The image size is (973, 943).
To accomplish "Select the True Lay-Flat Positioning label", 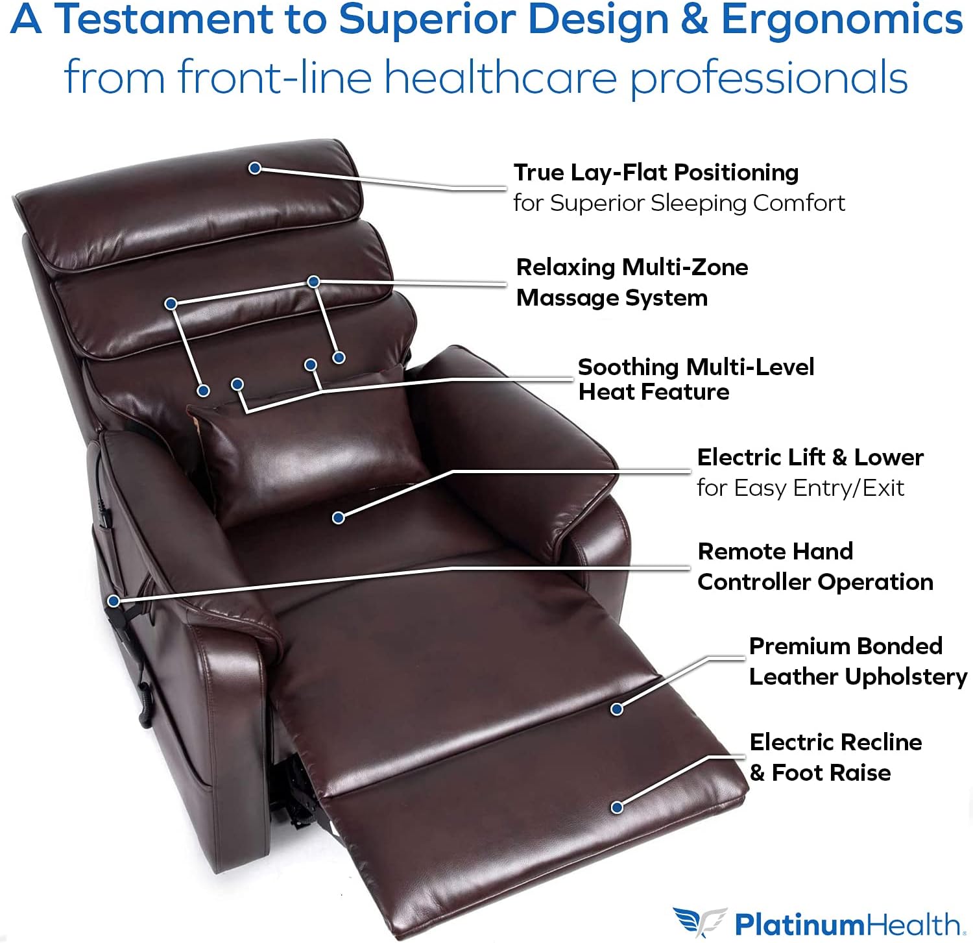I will tap(656, 173).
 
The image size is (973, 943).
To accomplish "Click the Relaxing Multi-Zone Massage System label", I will tap(632, 282).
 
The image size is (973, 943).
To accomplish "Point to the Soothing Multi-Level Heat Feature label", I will tap(695, 380).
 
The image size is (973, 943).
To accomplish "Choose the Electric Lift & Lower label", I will tap(810, 458).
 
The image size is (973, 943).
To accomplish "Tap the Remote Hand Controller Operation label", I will tap(815, 567).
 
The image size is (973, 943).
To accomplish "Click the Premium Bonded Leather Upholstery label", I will tap(857, 661).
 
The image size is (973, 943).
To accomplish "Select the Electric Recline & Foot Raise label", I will tap(835, 757).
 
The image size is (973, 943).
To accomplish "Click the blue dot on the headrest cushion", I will tap(255, 168).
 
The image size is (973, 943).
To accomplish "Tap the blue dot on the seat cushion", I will tap(338, 517).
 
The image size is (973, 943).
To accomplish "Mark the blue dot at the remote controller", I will tap(114, 601).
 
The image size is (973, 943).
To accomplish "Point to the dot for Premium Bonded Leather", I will tap(617, 709).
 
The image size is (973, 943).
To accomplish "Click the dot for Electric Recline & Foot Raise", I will tap(617, 807).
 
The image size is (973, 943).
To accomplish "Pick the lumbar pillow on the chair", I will tap(305, 448).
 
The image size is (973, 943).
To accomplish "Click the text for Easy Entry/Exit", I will tap(800, 488).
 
